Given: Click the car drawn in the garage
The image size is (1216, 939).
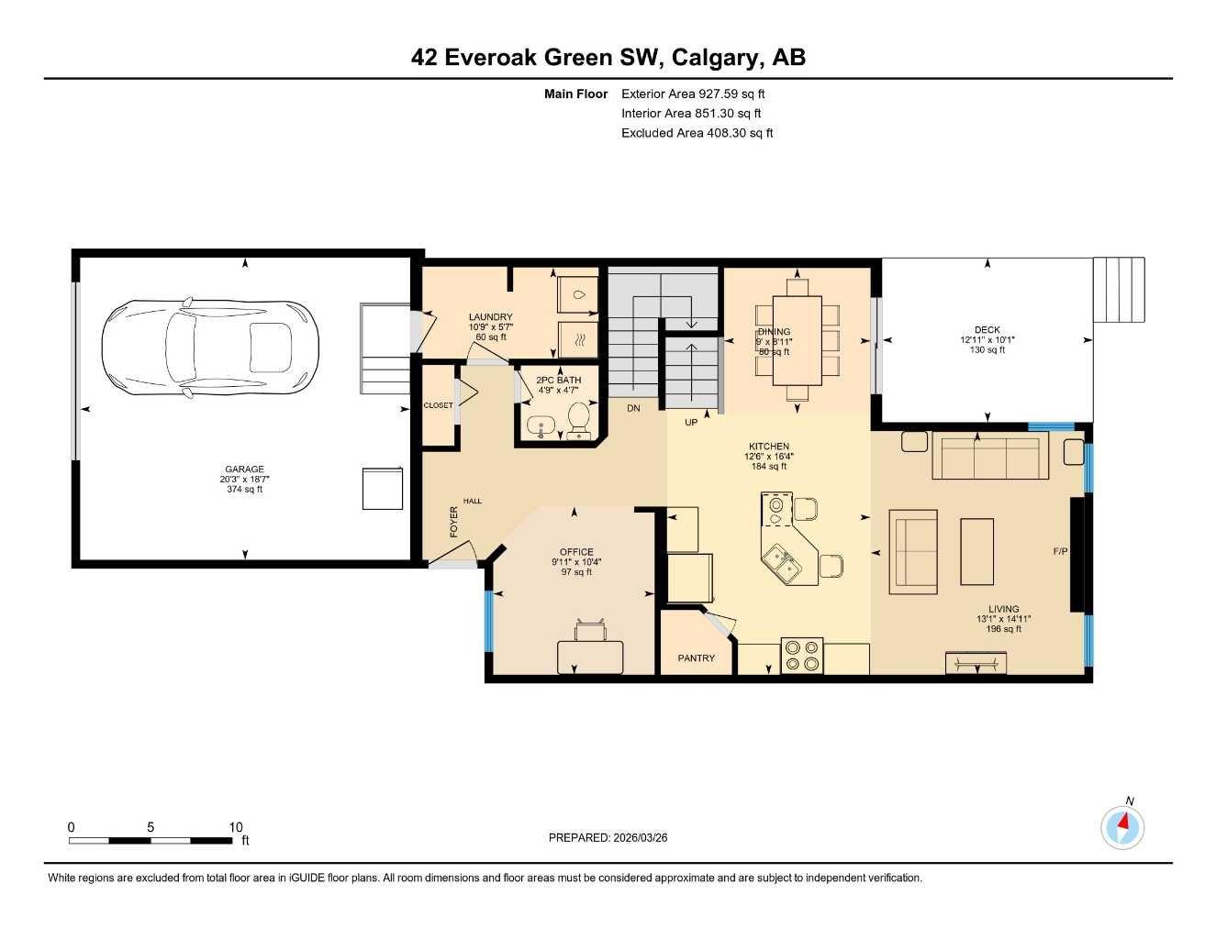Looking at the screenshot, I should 209,348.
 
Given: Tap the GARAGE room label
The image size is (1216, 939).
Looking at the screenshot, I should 244,469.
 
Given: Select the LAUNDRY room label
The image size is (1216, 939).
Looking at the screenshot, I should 490,317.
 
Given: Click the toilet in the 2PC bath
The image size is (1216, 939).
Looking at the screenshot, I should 579,421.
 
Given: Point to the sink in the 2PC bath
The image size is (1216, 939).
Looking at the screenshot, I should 539,425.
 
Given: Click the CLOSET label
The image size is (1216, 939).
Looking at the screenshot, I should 438,405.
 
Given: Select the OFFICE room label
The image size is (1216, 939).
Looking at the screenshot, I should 576,552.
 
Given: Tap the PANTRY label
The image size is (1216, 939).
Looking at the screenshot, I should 696,658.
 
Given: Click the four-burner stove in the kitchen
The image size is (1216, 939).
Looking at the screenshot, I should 801,657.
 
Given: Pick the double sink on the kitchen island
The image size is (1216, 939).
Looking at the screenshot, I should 781,563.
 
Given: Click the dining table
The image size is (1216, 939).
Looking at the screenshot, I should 797,340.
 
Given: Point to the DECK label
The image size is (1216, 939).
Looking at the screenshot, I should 987,330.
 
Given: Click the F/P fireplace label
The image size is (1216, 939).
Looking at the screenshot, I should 1060,551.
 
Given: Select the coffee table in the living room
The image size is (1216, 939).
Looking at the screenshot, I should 976,551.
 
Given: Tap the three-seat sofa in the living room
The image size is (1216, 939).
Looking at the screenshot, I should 989,456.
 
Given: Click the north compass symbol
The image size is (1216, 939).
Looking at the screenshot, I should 1122,827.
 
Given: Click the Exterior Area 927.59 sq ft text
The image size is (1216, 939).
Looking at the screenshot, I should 693,94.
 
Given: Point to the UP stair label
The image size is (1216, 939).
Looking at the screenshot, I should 691,423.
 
